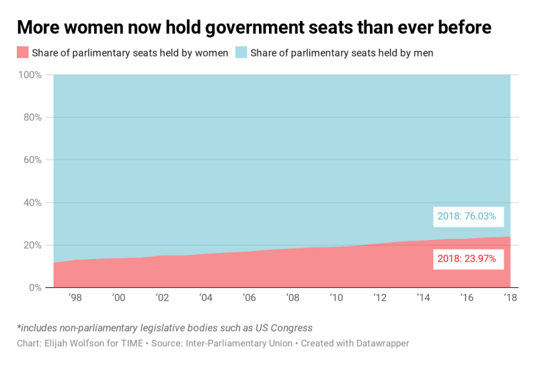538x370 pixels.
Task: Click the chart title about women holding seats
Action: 254,28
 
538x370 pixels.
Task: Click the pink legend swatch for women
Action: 23,52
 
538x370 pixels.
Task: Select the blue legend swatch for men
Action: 242,52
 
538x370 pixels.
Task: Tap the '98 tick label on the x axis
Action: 75,298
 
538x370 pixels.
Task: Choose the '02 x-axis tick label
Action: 162,298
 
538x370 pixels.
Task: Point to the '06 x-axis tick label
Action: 249,298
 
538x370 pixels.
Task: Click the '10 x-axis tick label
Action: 336,298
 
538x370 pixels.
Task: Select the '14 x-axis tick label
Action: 424,298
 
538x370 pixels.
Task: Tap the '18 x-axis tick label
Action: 510,298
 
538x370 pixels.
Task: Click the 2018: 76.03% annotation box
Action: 467,216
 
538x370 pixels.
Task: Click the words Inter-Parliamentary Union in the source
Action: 238,343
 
